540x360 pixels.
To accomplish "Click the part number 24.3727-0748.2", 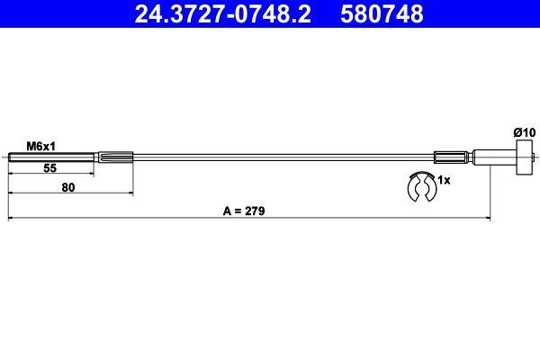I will click(220, 14).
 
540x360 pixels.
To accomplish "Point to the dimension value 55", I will click(51, 167).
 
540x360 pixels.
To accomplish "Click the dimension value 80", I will click(68, 188).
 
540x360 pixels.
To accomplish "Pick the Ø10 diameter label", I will click(524, 132).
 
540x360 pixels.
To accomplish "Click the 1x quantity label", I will click(443, 180).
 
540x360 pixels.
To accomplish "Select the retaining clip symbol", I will click(420, 192).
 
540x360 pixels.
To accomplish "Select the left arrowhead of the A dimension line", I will click(11, 218).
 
